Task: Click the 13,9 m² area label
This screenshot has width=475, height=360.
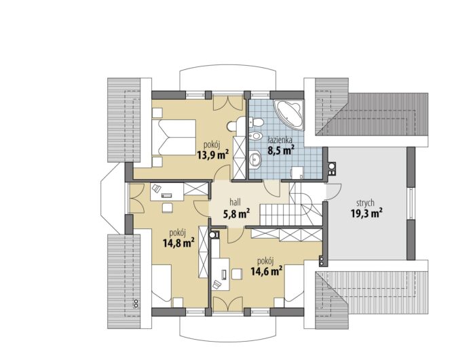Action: point(212,155)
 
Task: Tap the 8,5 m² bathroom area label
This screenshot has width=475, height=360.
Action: point(281,150)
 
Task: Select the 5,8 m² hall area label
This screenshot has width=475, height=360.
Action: point(236,214)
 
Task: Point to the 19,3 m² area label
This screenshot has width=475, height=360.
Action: point(366,213)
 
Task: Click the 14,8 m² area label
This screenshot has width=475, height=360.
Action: point(178,243)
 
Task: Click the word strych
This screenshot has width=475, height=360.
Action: point(365,203)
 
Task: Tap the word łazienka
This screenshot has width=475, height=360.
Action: point(280,140)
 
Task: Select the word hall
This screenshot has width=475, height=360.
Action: point(235,202)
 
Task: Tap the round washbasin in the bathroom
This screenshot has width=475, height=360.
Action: point(255,158)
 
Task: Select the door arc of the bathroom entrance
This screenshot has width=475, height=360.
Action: point(271,189)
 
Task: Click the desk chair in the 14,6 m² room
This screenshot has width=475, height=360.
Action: point(217,285)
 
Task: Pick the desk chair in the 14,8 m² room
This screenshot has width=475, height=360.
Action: point(157,188)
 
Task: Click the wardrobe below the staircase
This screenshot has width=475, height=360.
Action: point(286,235)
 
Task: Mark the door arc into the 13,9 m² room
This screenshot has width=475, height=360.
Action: point(223,174)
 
